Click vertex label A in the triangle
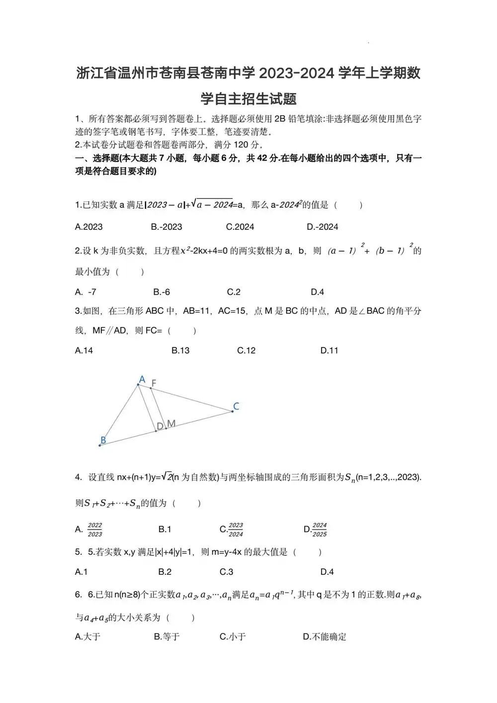[x=142, y=380]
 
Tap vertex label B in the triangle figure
[x=103, y=440]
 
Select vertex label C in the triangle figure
[x=236, y=406]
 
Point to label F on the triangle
[x=154, y=383]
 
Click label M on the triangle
[x=171, y=424]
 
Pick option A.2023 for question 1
[x=89, y=227]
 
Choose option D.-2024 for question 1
[x=323, y=227]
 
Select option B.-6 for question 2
[x=162, y=292]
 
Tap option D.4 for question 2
[x=318, y=292]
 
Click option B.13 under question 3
[x=180, y=351]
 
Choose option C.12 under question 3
[x=247, y=351]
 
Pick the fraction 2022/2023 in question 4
[x=94, y=530]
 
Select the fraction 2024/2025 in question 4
[x=320, y=530]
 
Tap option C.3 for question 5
[x=227, y=572]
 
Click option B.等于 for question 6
[x=167, y=636]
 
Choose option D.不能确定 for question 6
[x=325, y=636]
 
